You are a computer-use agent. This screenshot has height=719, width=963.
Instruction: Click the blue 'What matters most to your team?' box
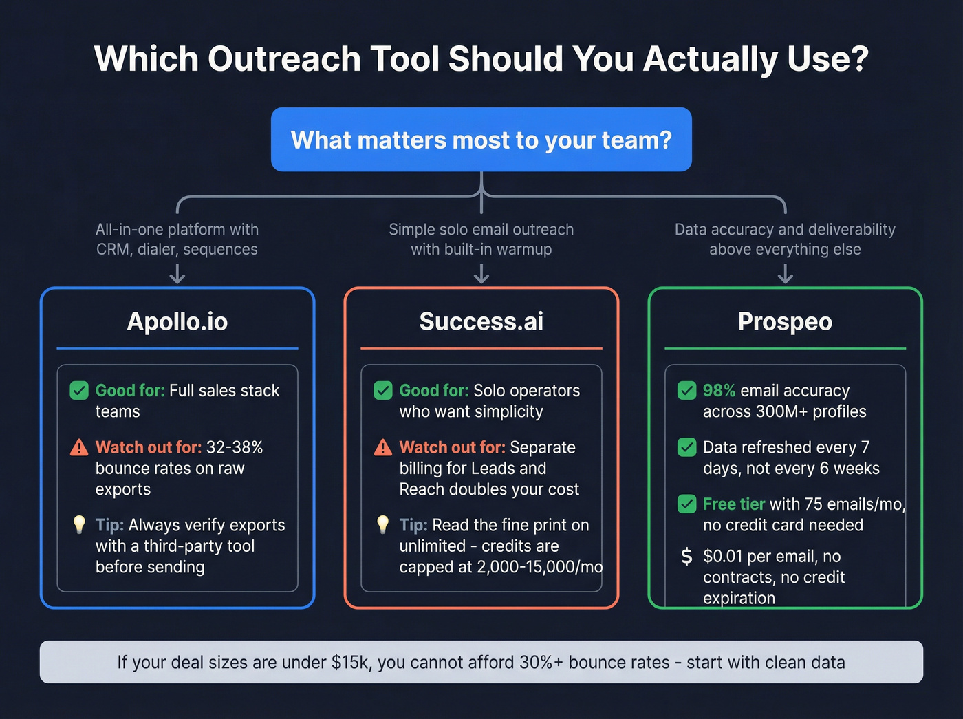coord(481,140)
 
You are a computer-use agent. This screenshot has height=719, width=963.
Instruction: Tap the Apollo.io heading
coord(177,321)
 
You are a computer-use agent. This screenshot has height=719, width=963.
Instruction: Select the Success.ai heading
coord(481,321)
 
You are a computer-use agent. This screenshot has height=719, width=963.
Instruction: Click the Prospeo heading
coord(785,321)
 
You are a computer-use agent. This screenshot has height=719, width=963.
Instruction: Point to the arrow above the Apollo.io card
coord(177,275)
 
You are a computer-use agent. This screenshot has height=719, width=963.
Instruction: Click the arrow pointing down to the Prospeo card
coord(785,275)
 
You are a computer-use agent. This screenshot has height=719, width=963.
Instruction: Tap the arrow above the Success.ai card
coord(481,275)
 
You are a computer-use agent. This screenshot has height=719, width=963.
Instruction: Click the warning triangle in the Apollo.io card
coord(79,448)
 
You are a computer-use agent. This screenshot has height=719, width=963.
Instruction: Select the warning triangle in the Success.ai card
coord(383,448)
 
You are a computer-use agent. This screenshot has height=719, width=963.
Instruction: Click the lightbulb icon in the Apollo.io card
coord(79,524)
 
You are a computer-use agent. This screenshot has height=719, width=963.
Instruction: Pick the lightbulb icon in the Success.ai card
coord(383,524)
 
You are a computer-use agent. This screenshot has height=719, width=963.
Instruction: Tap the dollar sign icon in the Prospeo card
coord(686,556)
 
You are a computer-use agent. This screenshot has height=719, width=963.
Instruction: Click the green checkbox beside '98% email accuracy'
coord(686,391)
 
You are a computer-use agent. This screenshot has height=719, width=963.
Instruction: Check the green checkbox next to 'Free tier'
coord(686,504)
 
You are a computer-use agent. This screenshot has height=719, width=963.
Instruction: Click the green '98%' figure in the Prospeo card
coord(719,391)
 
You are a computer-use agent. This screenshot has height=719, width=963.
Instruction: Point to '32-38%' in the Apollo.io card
coord(235,447)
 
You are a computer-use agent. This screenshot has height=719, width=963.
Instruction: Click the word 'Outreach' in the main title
coord(284,59)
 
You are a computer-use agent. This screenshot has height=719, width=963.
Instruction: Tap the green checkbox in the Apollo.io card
coord(79,391)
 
